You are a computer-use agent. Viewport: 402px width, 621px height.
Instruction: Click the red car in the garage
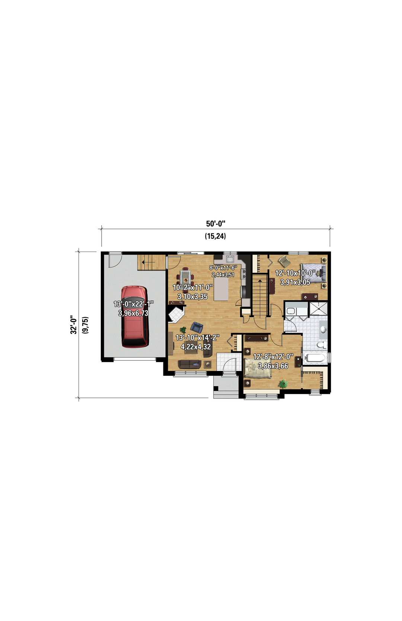[134, 317]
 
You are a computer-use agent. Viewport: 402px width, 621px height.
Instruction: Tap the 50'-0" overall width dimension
[215, 224]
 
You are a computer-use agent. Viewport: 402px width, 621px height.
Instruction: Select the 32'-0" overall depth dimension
[74, 324]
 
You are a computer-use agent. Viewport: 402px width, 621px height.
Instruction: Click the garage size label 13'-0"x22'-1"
[134, 304]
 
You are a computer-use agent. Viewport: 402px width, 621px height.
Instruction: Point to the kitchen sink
[230, 259]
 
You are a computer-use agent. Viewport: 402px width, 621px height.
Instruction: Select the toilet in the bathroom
[321, 345]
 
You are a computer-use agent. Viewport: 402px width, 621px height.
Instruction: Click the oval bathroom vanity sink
[323, 329]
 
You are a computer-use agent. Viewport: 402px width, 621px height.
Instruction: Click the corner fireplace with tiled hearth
[176, 314]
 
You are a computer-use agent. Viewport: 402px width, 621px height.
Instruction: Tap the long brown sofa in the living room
[189, 364]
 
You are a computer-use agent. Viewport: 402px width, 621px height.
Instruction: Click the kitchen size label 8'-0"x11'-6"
[223, 268]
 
